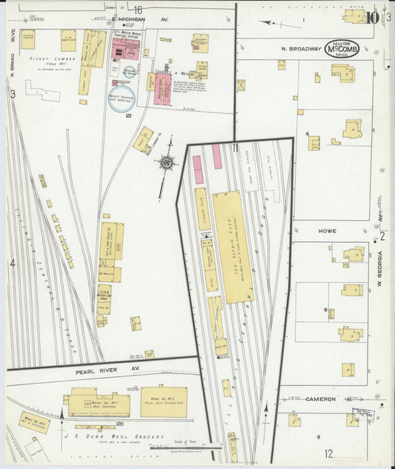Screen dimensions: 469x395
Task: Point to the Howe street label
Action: click(x=328, y=231)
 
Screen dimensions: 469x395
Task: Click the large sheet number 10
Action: click(x=373, y=16)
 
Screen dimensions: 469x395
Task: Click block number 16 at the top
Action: click(x=138, y=9)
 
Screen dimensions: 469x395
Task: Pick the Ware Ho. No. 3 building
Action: click(x=163, y=401)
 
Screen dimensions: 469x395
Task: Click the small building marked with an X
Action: click(x=241, y=85)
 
